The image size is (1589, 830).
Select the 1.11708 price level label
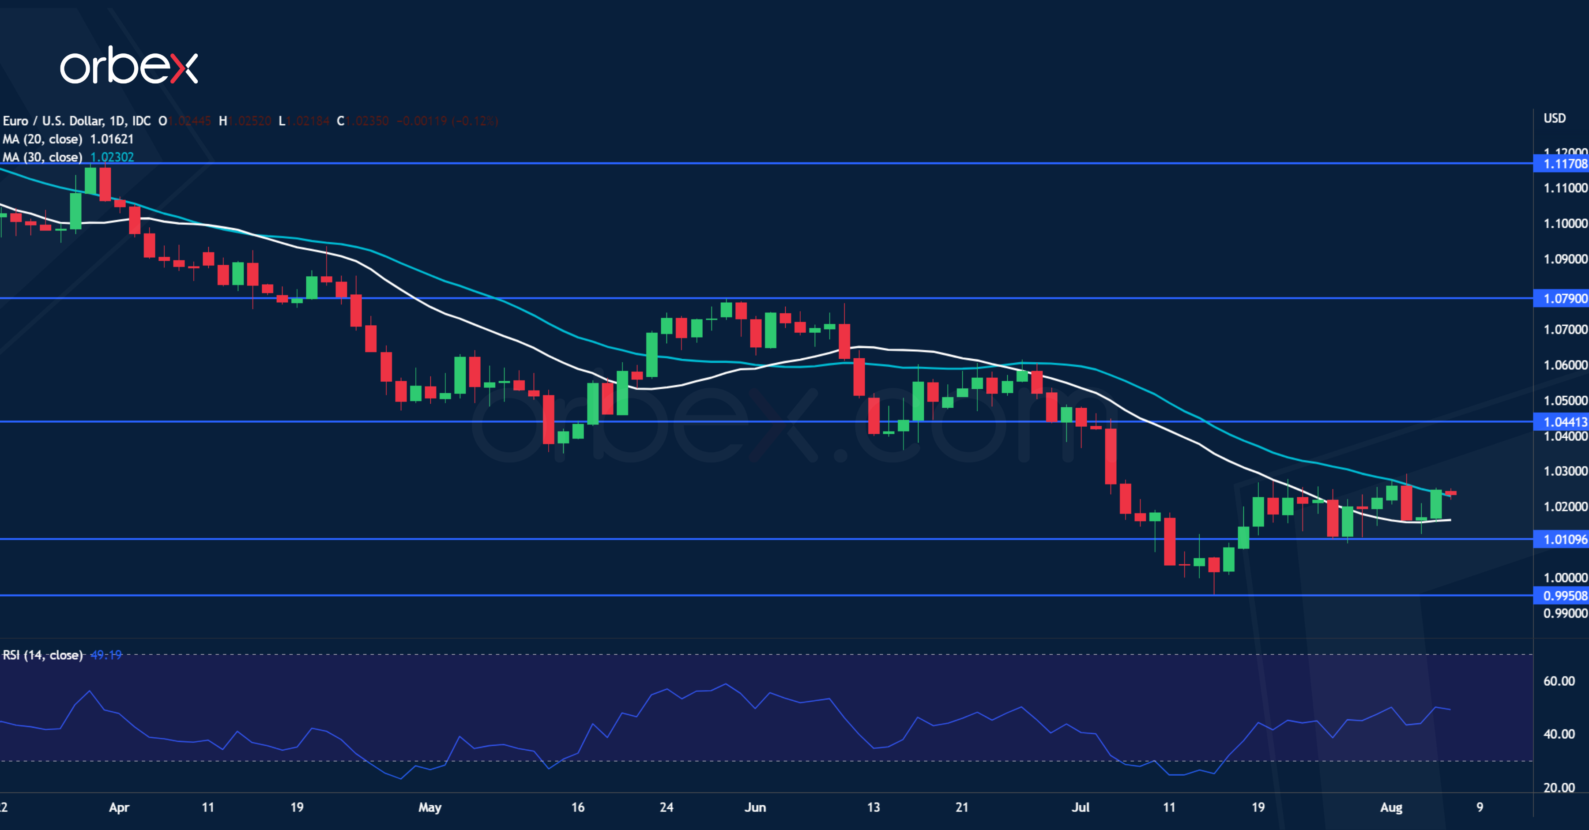tap(1565, 164)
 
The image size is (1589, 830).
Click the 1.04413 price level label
tap(1565, 422)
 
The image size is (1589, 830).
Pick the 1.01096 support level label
tap(1565, 540)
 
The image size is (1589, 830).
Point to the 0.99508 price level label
tap(1565, 596)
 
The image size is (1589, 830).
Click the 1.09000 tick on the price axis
tap(1565, 259)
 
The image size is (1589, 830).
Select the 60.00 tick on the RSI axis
tap(1559, 681)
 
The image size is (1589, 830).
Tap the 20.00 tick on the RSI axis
tap(1559, 788)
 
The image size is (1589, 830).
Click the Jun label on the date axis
tap(755, 807)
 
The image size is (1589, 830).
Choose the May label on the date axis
tap(430, 807)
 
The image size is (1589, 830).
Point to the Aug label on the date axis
tap(1391, 807)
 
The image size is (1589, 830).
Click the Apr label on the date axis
tap(119, 807)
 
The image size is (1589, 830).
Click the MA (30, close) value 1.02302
tap(112, 157)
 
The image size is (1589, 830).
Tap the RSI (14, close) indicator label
tap(42, 655)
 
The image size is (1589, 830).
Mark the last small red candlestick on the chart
tap(1451, 493)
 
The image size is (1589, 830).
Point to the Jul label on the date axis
tap(1080, 807)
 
